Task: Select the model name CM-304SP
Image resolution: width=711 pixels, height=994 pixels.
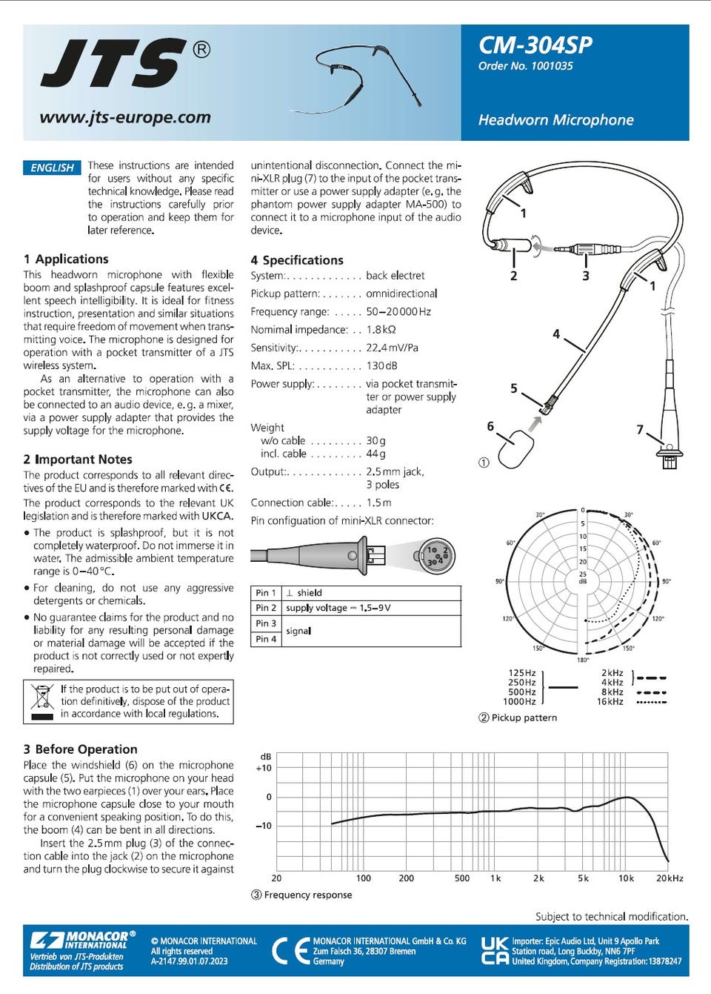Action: coord(535,45)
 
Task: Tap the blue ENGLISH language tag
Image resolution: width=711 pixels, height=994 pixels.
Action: coord(52,168)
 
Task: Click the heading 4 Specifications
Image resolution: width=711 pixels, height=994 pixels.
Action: coord(297,260)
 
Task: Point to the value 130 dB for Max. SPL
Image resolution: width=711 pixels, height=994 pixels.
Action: coord(381,365)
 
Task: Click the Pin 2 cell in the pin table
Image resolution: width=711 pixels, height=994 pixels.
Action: coord(266,608)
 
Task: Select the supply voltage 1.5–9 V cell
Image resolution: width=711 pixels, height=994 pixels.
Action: coord(338,608)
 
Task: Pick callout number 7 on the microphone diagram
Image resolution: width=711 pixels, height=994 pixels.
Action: coord(640,429)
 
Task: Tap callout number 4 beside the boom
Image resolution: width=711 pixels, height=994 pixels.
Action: coord(556,334)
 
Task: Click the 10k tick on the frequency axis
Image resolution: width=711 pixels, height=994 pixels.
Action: coord(626,878)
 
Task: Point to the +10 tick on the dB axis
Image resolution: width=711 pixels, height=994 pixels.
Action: coord(264,768)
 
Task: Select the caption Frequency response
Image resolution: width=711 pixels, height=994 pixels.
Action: coord(307,895)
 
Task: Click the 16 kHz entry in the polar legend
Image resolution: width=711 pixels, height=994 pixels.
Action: coord(610,701)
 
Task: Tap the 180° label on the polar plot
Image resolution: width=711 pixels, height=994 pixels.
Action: coord(583,660)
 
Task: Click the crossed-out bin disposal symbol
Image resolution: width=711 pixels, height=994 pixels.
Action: coord(42,701)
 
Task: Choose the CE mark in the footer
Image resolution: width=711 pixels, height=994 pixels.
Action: coord(290,950)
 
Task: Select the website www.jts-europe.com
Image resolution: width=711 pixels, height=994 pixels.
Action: coord(125,117)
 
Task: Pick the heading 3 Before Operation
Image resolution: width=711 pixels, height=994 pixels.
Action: coord(80,749)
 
